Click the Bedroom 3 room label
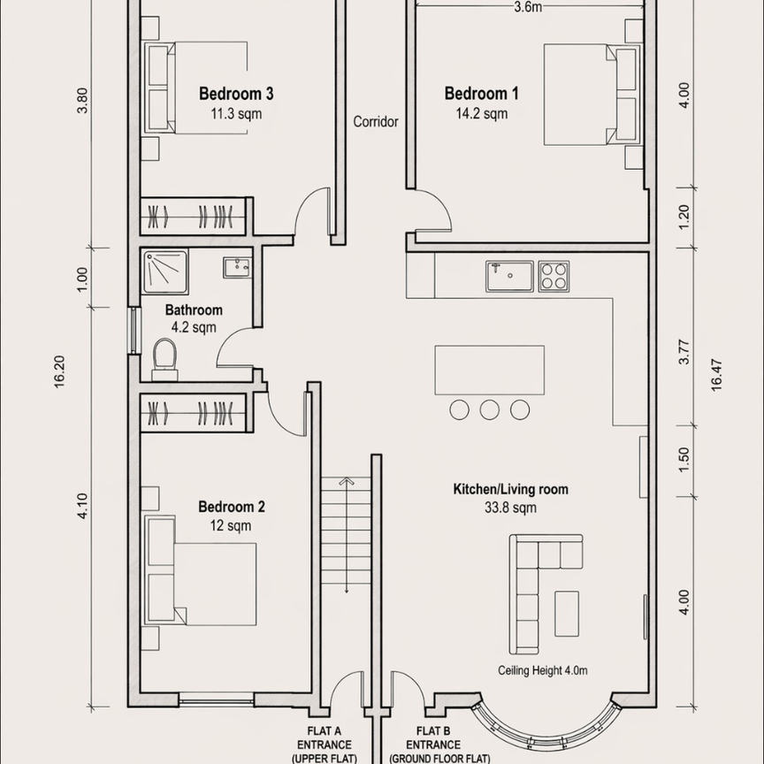point(236,94)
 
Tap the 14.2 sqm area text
point(481,113)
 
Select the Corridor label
point(376,121)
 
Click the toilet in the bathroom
point(164,360)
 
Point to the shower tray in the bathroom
point(164,271)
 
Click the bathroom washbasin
point(237,268)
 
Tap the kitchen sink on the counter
point(509,276)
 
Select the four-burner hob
point(554,276)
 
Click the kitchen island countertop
point(490,370)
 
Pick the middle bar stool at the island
point(490,409)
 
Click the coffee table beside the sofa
point(567,614)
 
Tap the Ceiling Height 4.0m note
point(542,670)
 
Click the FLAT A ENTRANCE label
point(325,745)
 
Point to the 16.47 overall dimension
point(716,375)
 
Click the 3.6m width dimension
point(528,7)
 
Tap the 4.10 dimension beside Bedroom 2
point(82,506)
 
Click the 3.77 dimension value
point(684,351)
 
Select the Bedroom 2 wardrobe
point(194,413)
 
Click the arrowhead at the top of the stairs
point(347,481)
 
